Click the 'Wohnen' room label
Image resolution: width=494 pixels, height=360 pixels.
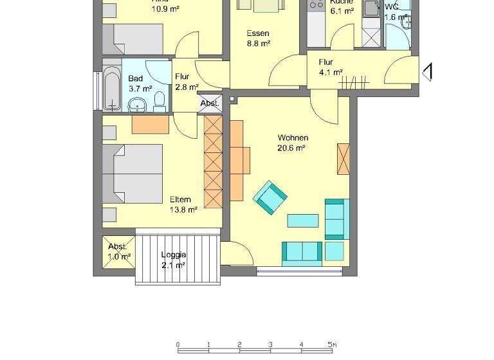(x=293, y=138)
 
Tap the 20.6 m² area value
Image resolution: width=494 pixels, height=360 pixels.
(x=291, y=147)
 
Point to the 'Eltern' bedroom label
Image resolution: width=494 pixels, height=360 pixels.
(x=181, y=199)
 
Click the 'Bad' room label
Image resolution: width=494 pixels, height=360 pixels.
(x=135, y=78)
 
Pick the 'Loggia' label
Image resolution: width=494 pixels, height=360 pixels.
(x=173, y=255)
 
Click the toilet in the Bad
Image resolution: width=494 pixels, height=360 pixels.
(x=160, y=100)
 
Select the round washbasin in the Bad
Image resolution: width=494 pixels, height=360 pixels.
(x=137, y=104)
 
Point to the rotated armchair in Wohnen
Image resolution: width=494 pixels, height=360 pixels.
(x=270, y=197)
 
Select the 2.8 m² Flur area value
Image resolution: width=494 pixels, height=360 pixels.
(x=187, y=87)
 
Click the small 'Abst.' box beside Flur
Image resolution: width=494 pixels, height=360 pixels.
(x=210, y=103)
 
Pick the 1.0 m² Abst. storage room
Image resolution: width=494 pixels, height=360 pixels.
(x=118, y=251)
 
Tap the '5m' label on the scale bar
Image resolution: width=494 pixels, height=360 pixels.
(x=332, y=344)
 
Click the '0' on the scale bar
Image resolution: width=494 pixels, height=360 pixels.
(x=178, y=344)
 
